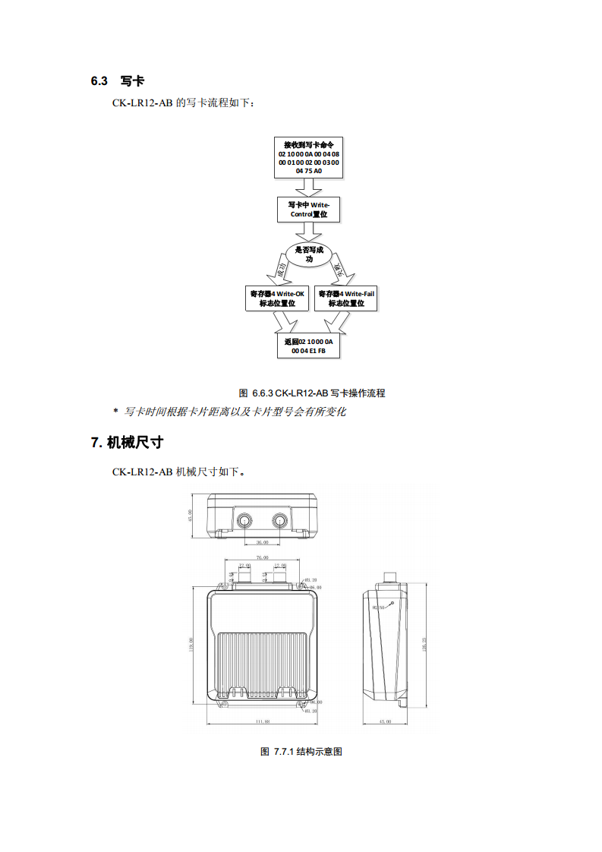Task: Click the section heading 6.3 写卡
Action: [x=117, y=80]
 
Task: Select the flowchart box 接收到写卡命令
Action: [x=308, y=157]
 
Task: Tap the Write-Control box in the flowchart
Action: [x=308, y=210]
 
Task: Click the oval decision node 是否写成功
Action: [x=308, y=254]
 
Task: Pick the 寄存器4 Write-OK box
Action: [x=277, y=298]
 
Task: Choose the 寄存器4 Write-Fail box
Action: [x=345, y=298]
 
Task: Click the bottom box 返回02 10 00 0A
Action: [x=308, y=346]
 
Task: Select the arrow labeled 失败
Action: [x=339, y=270]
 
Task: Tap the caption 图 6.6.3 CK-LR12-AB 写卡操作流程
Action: [x=312, y=393]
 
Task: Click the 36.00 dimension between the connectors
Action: [x=263, y=542]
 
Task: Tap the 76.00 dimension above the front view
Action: [x=262, y=557]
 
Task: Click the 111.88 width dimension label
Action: [x=263, y=721]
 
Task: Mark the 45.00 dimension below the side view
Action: [x=384, y=721]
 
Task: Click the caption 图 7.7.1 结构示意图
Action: [x=301, y=751]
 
